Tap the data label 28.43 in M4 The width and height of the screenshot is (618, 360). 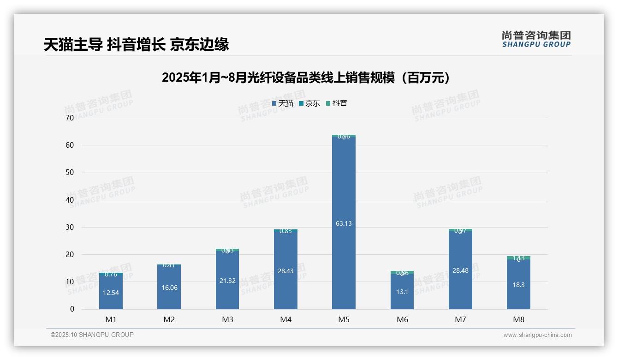point(285,271)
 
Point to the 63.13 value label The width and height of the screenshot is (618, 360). point(344,223)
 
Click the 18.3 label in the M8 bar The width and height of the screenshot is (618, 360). point(518,285)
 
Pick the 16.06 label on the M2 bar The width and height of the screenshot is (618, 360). point(169,288)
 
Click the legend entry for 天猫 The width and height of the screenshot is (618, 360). point(283,103)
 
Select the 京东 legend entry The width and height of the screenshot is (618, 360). point(309,103)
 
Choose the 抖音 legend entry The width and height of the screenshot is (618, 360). point(337,103)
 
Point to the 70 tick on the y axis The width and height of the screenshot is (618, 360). point(70,118)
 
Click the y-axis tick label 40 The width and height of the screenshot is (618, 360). point(70,200)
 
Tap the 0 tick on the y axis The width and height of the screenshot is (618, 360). point(72,309)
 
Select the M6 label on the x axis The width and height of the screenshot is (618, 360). point(402,319)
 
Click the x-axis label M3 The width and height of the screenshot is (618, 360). point(227,319)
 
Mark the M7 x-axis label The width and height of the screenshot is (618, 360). point(460,319)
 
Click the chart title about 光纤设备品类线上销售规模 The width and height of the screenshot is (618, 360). point(306,78)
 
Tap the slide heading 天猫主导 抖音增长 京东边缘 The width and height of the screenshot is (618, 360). point(137,45)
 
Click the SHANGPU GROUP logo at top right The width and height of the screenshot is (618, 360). point(536,39)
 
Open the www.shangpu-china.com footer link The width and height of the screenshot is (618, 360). point(537,335)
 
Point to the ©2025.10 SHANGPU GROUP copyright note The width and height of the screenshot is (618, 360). point(92,335)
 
